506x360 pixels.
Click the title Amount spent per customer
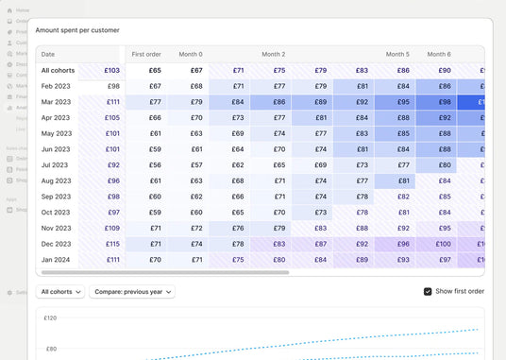pyautogui.click(x=77, y=30)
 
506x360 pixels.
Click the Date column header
pyautogui.click(x=48, y=54)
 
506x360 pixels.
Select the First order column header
pyautogui.click(x=146, y=54)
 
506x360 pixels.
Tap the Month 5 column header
pyautogui.click(x=397, y=54)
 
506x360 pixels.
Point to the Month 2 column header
pyautogui.click(x=273, y=54)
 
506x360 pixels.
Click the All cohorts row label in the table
pyautogui.click(x=58, y=70)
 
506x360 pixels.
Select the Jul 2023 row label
pyautogui.click(x=56, y=164)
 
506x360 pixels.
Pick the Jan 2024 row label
pyautogui.click(x=56, y=259)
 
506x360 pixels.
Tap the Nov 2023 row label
pyautogui.click(x=56, y=228)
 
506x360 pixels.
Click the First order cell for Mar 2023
pyautogui.click(x=146, y=102)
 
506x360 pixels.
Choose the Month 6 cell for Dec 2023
pyautogui.click(x=439, y=244)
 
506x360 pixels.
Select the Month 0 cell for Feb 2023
pyautogui.click(x=189, y=86)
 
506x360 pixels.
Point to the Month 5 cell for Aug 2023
pyautogui.click(x=397, y=180)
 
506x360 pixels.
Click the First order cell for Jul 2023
pyautogui.click(x=146, y=164)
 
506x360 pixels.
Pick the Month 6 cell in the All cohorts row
pyautogui.click(x=439, y=70)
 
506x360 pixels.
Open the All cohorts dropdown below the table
pyautogui.click(x=60, y=292)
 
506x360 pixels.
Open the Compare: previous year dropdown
pyautogui.click(x=132, y=292)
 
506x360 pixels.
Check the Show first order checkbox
pyautogui.click(x=428, y=291)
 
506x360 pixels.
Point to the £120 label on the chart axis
pyautogui.click(x=50, y=318)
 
